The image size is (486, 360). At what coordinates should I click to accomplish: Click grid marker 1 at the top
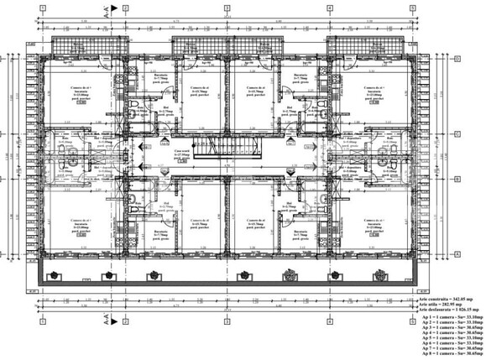[41, 8]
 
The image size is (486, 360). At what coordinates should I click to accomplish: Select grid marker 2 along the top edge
[123, 8]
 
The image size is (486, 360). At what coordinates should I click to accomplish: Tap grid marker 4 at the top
[331, 8]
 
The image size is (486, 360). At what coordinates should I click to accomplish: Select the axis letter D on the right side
[457, 60]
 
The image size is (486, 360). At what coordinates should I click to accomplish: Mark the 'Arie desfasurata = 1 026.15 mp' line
[449, 310]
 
